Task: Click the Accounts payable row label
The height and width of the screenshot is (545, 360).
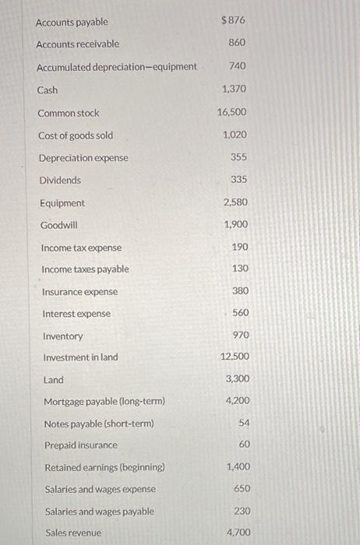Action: (x=72, y=22)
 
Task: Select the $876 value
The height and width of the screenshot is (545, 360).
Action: (x=233, y=19)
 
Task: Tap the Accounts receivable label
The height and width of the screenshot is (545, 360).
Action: (x=78, y=44)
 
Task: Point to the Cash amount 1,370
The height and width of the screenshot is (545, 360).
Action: (x=234, y=90)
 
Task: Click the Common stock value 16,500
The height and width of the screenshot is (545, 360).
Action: (x=232, y=113)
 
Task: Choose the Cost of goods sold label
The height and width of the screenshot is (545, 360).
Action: (x=75, y=135)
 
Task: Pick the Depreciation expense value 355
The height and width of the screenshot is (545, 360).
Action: (x=238, y=157)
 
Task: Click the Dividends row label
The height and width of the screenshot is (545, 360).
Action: (x=60, y=180)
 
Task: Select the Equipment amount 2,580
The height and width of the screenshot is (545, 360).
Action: (x=235, y=202)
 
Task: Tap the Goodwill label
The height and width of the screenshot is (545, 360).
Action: (x=58, y=225)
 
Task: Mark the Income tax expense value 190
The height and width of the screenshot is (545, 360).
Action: (x=239, y=247)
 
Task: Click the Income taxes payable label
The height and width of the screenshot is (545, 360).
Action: (x=85, y=269)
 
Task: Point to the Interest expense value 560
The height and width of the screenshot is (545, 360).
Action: (x=241, y=313)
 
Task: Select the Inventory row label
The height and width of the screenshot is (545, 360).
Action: (x=62, y=336)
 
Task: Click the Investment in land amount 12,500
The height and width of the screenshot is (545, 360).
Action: (x=235, y=357)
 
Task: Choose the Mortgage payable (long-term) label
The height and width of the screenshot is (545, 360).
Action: (x=104, y=402)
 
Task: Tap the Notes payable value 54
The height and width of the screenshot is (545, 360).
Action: (x=243, y=423)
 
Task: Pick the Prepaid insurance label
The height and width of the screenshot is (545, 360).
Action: (x=80, y=445)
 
